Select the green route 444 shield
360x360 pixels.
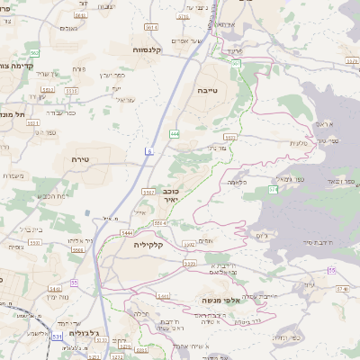(174, 134)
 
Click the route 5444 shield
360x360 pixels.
(129, 232)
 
